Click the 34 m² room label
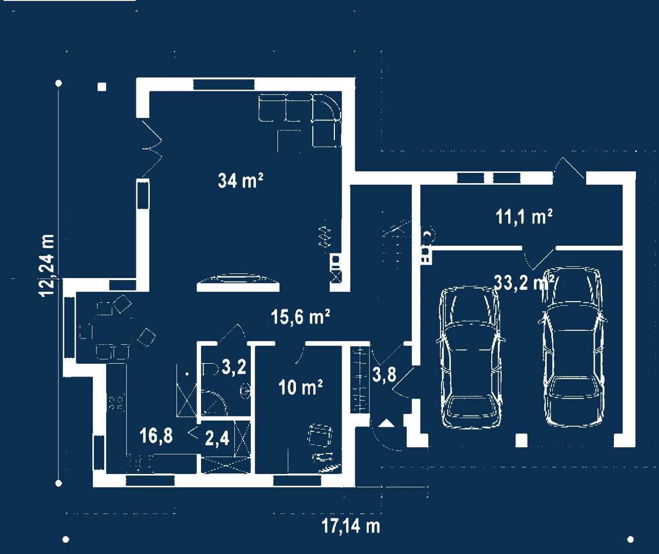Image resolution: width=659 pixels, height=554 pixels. tap(241, 181)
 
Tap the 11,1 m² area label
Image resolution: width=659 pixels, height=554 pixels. tap(524, 216)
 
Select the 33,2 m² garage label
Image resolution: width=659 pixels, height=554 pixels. tap(524, 282)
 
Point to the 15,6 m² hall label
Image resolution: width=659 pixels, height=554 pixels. tap(301, 316)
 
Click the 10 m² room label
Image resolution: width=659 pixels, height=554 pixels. tap(301, 387)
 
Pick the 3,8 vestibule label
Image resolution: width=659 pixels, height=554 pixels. tap(384, 374)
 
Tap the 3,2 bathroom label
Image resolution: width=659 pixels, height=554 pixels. tap(234, 367)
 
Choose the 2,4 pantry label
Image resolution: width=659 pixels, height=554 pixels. tap(217, 439)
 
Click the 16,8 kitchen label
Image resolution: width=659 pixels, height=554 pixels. tap(156, 436)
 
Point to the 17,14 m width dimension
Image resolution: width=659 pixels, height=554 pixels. tap(351, 526)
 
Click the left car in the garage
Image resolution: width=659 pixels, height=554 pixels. tap(469, 357)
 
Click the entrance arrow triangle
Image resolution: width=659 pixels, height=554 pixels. tap(387, 423)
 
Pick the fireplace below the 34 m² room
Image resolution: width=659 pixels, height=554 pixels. tap(238, 283)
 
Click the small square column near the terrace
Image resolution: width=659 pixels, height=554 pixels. tap(102, 87)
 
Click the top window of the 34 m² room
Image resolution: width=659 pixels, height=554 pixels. tap(224, 84)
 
